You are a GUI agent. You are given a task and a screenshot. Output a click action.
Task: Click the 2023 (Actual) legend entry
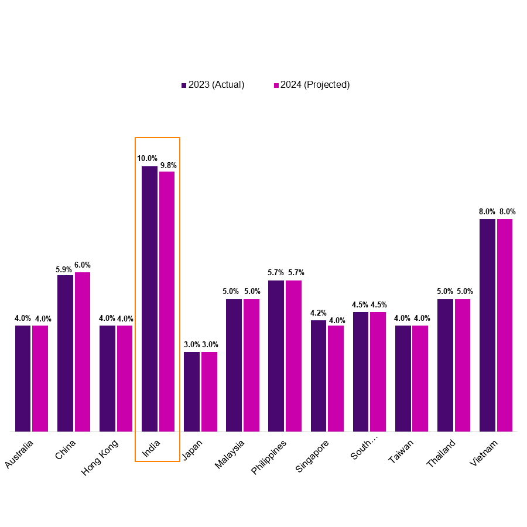pyautogui.click(x=213, y=85)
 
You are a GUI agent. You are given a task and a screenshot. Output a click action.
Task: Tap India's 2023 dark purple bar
pyautogui.click(x=149, y=299)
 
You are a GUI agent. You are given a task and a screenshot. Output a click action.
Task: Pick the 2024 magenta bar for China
pyautogui.click(x=83, y=351)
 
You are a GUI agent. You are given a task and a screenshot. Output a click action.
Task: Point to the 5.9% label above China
pyautogui.click(x=64, y=269)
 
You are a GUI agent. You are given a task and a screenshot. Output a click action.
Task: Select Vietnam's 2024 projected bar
pyautogui.click(x=505, y=325)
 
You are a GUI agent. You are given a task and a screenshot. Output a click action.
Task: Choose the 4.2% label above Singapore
pyautogui.click(x=319, y=313)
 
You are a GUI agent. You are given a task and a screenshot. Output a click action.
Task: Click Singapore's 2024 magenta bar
pyautogui.click(x=336, y=378)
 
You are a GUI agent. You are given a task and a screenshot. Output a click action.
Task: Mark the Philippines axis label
pyautogui.click(x=269, y=457)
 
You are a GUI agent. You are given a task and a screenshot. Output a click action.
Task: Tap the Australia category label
pyautogui.click(x=19, y=454)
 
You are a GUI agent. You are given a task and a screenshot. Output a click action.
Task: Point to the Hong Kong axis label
pyautogui.click(x=100, y=457)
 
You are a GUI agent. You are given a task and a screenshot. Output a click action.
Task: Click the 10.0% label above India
pyautogui.click(x=147, y=158)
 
